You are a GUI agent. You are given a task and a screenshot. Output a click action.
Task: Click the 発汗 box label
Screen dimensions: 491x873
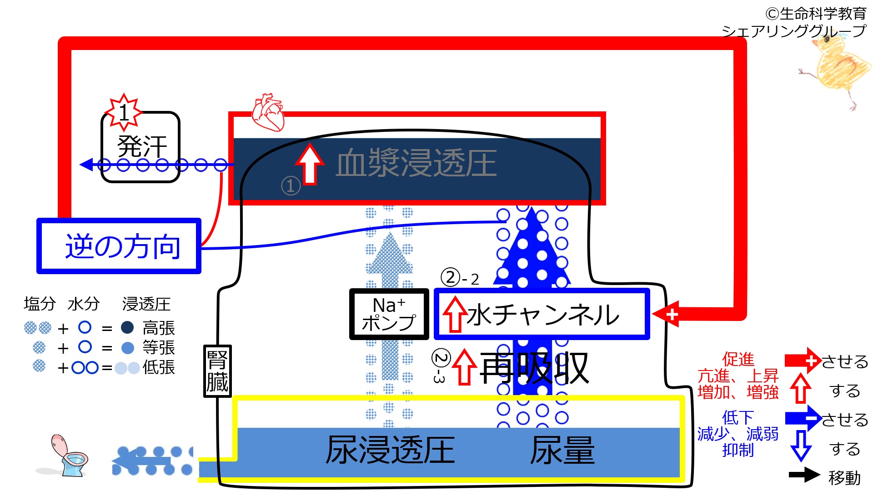[142, 146]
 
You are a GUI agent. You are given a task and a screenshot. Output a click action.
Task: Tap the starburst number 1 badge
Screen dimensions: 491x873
[123, 112]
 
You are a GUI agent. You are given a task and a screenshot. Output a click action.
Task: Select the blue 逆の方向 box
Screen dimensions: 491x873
[119, 246]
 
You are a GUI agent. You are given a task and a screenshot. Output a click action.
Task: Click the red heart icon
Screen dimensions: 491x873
[268, 112]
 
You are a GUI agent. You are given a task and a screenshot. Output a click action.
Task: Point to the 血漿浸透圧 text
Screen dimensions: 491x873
[416, 163]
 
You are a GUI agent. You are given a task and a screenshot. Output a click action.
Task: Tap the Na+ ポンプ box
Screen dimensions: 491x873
[389, 314]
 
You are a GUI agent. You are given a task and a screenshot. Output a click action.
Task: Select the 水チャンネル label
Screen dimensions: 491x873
[543, 315]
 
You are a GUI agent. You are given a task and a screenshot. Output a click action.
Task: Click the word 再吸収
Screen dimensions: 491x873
[534, 368]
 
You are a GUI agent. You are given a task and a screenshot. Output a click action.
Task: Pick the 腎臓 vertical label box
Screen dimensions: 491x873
[217, 371]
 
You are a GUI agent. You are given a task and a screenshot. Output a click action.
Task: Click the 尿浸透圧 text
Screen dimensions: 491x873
[390, 450]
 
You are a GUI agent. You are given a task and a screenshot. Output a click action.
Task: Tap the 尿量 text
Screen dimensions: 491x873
[562, 450]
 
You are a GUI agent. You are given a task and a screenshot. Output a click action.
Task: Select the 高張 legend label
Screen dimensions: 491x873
[159, 328]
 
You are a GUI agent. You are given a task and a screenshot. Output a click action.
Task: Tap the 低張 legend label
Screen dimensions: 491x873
[159, 367]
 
